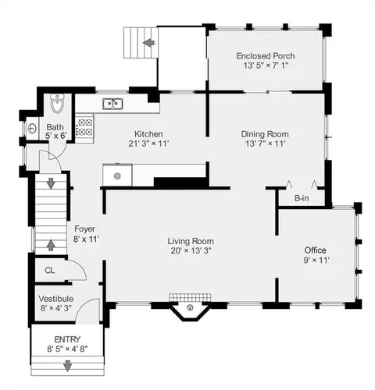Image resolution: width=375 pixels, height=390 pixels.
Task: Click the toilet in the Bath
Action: [57, 103]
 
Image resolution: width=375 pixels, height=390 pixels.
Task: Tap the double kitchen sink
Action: [112, 104]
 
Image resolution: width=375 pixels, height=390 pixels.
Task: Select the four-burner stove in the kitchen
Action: [84, 127]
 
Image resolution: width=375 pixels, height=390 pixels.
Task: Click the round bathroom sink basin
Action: [32, 129]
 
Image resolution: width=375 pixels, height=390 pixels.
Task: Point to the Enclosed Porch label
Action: [266, 56]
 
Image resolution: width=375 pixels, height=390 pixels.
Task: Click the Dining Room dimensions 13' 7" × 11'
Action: [266, 144]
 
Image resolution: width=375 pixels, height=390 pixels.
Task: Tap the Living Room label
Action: [191, 241]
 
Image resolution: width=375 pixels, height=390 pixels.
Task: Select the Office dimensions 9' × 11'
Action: [316, 260]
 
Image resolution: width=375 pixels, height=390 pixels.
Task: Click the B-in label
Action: [302, 198]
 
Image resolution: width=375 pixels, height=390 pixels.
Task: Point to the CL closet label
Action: [50, 271]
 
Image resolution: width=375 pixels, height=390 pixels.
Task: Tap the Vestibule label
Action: [56, 299]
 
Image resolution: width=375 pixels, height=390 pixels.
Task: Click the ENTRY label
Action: [67, 339]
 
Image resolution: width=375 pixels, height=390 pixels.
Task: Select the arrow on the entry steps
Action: [68, 366]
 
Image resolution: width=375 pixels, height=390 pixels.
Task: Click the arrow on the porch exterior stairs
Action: [149, 42]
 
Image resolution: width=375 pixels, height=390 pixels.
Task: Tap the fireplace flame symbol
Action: [190, 308]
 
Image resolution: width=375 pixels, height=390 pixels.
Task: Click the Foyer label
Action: [84, 229]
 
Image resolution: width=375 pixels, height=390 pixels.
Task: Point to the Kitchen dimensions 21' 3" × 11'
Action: [148, 144]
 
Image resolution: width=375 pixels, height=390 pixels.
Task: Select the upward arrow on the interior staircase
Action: [51, 245]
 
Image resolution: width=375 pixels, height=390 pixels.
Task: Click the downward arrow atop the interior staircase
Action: [51, 183]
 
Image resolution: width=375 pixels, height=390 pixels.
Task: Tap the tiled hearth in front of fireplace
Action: [190, 298]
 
